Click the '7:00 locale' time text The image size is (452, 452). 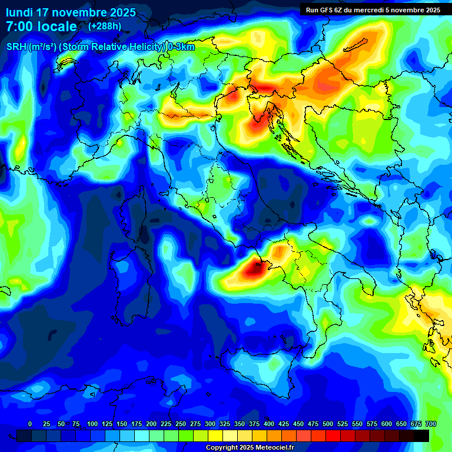coord(41,26)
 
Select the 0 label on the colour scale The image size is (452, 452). coord(30,424)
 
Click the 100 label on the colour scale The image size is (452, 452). coord(92,424)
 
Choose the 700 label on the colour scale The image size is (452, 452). coord(430,424)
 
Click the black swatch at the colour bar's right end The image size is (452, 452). coord(421,436)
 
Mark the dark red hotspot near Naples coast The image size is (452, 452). coord(254,269)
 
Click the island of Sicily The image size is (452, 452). coord(265,371)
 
